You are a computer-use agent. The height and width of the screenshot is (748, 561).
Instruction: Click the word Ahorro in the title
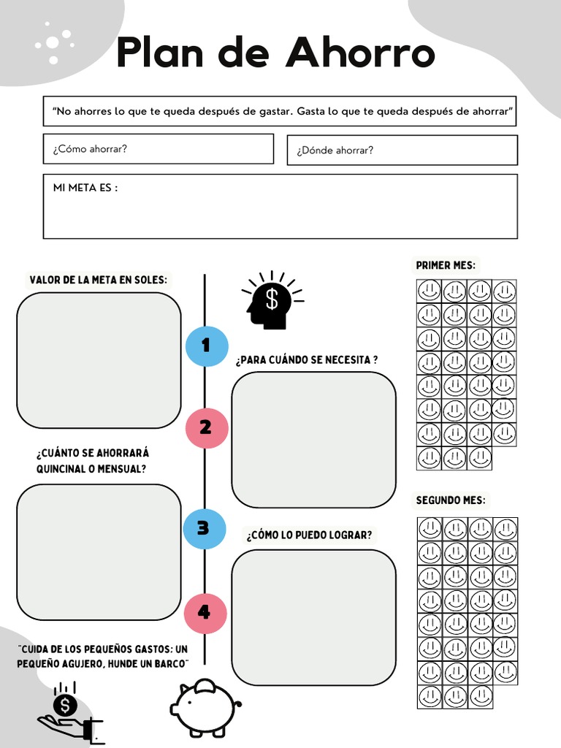[x=360, y=53]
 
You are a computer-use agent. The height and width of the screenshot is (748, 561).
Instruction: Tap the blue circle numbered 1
[x=206, y=346]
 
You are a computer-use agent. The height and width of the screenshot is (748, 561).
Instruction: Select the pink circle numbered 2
[x=206, y=427]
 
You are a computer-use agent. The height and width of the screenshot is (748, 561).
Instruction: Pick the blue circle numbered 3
[x=204, y=529]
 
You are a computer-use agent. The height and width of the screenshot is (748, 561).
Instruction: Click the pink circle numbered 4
[x=205, y=612]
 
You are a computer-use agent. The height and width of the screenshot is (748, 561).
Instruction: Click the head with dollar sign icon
[x=271, y=300]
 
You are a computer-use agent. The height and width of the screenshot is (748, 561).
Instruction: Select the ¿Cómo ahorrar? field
[x=159, y=149]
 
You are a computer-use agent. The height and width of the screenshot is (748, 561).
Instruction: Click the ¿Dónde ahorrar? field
[x=402, y=150]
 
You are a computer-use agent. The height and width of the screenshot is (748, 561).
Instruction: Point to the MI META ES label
[x=85, y=188]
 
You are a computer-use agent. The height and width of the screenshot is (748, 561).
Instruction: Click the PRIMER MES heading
[x=446, y=266]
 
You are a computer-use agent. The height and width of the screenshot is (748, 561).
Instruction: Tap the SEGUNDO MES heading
[x=450, y=500]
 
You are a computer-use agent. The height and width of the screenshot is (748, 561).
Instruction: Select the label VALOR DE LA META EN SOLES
[x=98, y=280]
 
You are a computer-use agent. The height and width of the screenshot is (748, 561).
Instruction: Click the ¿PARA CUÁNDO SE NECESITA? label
[x=307, y=360]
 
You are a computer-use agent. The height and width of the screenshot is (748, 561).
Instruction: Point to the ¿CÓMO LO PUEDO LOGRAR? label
[x=309, y=535]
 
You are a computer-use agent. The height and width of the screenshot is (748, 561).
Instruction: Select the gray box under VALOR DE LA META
[x=99, y=360]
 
